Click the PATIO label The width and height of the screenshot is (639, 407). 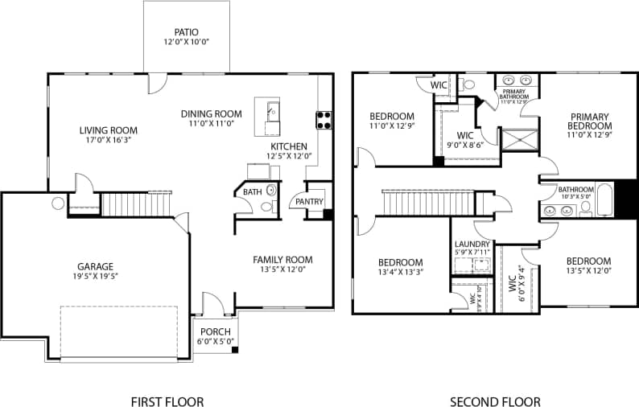(186, 32)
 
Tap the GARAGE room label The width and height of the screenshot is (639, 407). (96, 266)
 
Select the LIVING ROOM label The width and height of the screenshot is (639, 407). (108, 130)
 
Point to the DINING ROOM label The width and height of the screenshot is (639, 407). (211, 114)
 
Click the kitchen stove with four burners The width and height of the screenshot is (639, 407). (324, 120)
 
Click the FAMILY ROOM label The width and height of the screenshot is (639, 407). (282, 259)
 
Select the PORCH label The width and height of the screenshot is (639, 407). (215, 331)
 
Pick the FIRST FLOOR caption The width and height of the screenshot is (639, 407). (167, 401)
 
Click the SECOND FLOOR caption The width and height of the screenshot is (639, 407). (494, 401)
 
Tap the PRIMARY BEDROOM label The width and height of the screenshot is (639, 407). (590, 121)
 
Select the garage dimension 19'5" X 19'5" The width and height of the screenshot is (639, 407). (96, 277)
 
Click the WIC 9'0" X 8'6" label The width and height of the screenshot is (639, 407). (464, 135)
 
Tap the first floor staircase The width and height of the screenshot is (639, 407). (137, 204)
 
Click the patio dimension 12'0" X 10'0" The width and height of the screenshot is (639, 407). (186, 42)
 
